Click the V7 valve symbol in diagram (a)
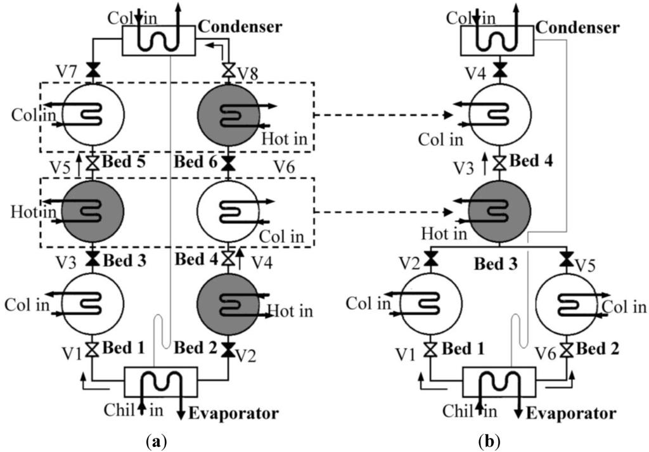[x=93, y=74]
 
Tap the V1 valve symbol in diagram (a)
[x=93, y=349]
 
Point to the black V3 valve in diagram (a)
[x=93, y=260]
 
